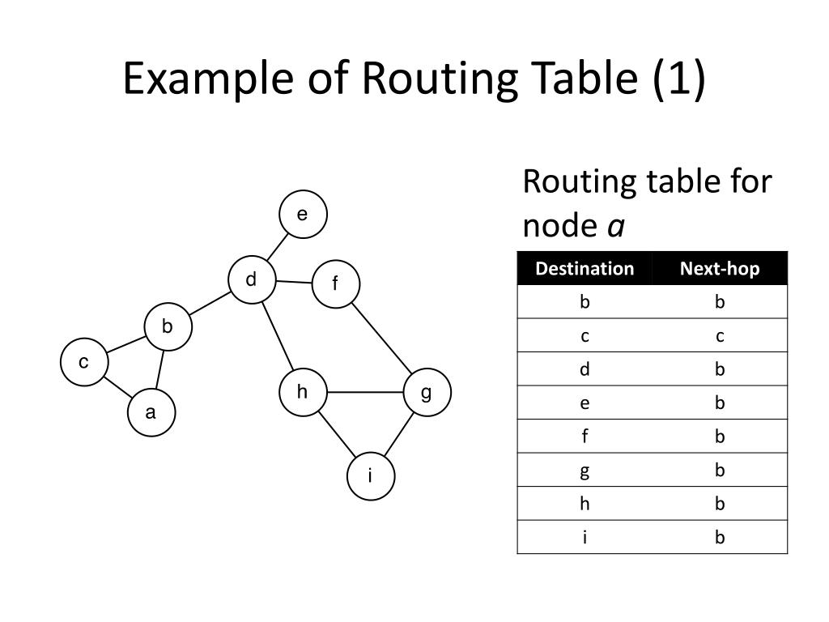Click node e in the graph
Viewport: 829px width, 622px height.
point(303,215)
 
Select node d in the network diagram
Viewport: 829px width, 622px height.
point(252,279)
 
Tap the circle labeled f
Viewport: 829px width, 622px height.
point(335,285)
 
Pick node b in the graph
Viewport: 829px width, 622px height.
point(168,327)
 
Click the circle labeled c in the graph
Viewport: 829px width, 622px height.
point(83,363)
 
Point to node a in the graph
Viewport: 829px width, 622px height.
point(151,413)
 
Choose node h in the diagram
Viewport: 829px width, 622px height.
point(303,392)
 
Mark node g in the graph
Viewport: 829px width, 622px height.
point(426,392)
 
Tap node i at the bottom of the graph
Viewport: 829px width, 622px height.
point(371,476)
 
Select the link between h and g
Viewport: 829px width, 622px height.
point(364,392)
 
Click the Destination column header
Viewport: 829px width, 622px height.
point(585,269)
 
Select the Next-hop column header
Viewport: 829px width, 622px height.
point(720,269)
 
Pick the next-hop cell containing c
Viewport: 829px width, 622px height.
point(720,336)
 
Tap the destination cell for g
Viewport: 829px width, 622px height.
point(585,471)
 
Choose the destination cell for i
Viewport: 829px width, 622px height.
point(585,537)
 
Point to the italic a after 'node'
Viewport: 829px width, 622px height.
point(616,227)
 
